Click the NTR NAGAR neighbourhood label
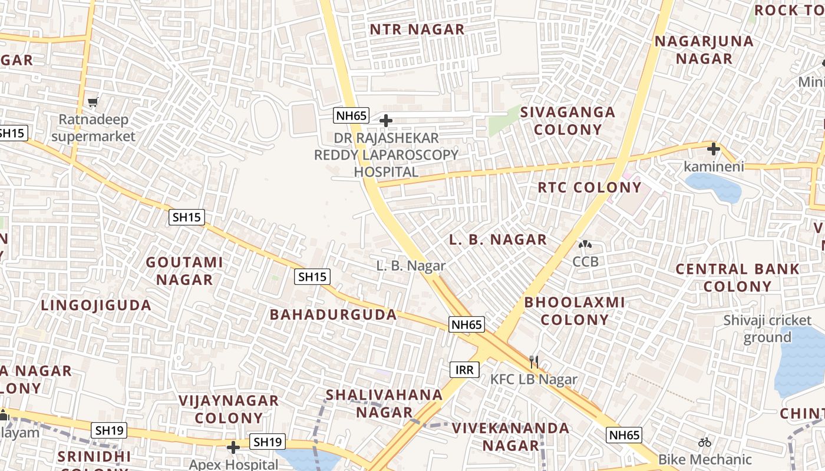[x=417, y=29]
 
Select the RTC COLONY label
[x=589, y=187]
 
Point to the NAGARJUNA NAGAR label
[x=704, y=49]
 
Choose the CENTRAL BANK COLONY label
[x=737, y=278]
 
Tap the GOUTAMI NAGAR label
[x=184, y=270]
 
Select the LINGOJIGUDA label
[x=97, y=305]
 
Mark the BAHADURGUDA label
[x=334, y=314]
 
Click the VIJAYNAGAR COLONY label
[x=229, y=409]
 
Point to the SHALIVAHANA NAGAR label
[x=384, y=403]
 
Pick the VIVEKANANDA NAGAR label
[x=511, y=436]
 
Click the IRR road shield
[x=464, y=370]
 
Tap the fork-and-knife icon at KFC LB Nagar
[x=534, y=361]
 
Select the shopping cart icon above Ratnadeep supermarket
[x=93, y=102]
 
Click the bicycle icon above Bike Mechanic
[x=705, y=442]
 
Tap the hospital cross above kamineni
[x=714, y=148]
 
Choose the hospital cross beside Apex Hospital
[x=233, y=448]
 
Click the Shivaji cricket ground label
[x=767, y=329]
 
